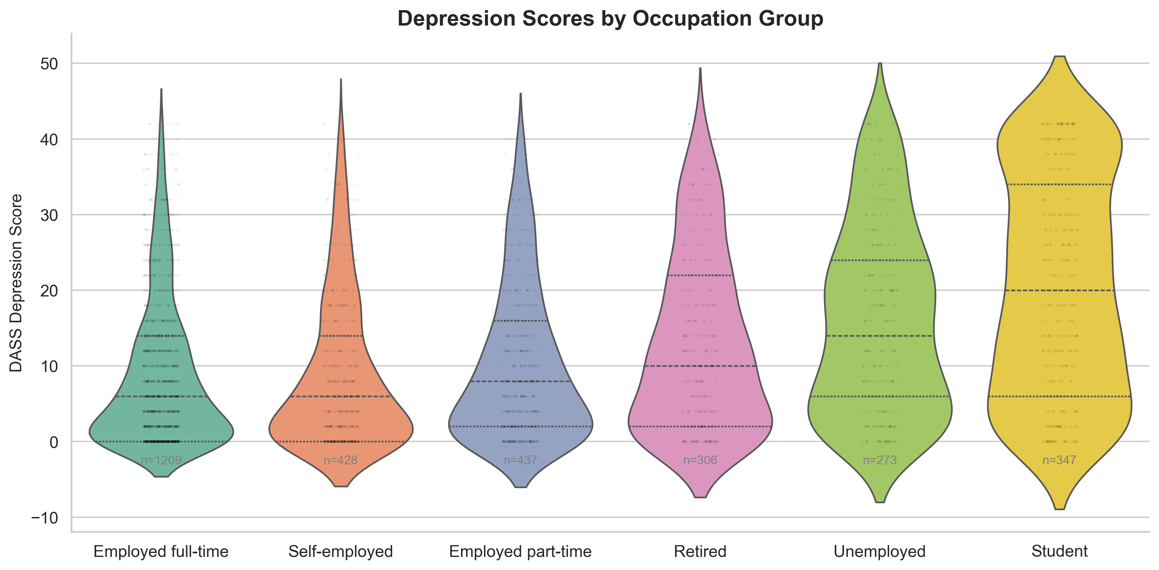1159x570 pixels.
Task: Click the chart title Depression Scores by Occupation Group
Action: point(610,19)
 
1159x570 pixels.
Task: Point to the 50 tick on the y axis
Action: point(49,64)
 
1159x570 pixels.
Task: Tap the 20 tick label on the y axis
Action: point(49,291)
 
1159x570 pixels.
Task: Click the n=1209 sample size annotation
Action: point(161,460)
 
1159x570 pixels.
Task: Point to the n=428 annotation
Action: point(341,460)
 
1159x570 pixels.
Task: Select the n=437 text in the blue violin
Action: point(520,460)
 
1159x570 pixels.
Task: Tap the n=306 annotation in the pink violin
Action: point(700,460)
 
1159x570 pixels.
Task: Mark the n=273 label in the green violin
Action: point(880,460)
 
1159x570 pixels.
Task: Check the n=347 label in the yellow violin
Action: point(1059,460)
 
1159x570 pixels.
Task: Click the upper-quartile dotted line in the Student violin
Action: point(1059,185)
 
